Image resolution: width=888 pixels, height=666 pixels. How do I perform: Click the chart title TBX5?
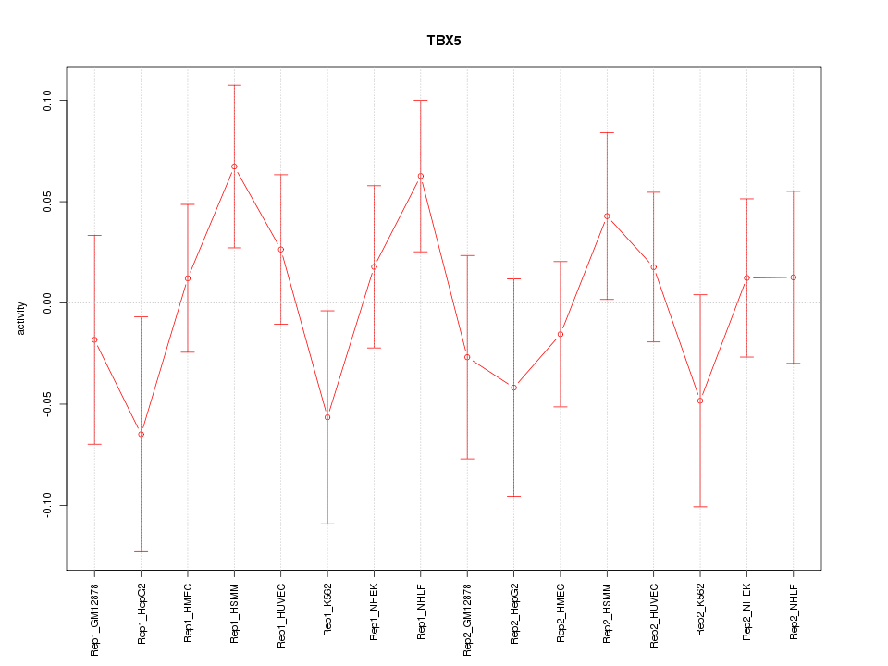point(444,41)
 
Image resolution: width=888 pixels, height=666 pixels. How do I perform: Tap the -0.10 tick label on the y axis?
point(49,506)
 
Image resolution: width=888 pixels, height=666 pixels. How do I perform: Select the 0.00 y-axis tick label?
point(49,302)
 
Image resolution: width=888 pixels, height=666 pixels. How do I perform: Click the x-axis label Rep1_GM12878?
point(94,618)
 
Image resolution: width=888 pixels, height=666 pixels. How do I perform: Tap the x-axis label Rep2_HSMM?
point(607,614)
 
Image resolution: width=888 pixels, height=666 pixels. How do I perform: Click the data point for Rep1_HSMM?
point(234,166)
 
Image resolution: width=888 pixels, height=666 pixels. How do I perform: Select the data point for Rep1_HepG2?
point(142,434)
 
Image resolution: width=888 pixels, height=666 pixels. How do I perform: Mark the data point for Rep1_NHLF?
point(421,176)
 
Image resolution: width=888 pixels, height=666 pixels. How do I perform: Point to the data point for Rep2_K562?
point(700,401)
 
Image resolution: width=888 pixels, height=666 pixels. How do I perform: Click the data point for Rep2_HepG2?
point(514,387)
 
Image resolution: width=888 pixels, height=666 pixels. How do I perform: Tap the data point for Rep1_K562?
point(327,417)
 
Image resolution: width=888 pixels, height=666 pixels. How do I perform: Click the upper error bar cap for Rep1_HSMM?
point(234,85)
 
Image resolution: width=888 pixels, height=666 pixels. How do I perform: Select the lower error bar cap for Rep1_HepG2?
point(142,551)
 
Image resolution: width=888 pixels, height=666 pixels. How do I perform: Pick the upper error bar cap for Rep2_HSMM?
point(607,132)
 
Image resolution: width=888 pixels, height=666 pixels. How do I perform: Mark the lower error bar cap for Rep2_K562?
point(700,507)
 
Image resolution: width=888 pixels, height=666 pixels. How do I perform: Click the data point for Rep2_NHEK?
point(746,277)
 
